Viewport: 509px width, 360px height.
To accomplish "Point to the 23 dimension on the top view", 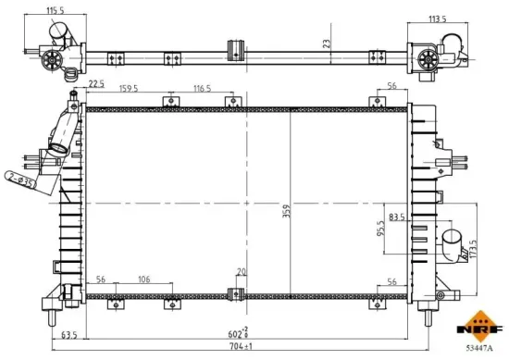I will [x=325, y=42].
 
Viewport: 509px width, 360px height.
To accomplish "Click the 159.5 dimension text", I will [x=130, y=90].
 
